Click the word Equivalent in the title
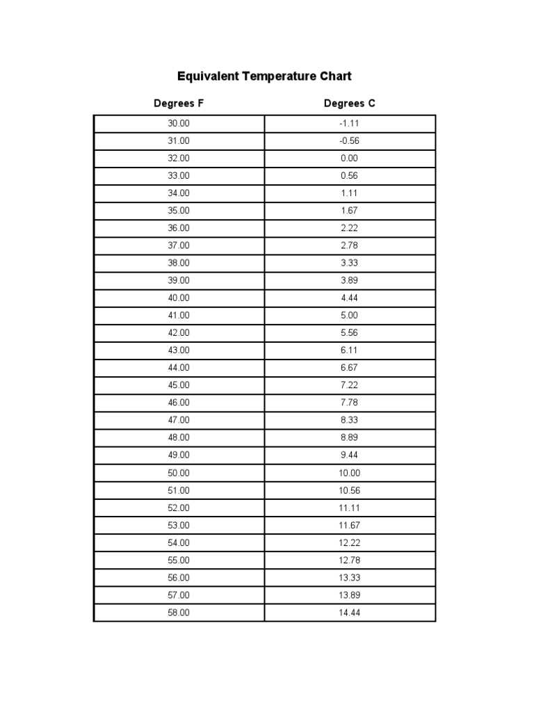(x=207, y=76)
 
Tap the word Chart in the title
(x=334, y=76)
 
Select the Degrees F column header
(x=179, y=104)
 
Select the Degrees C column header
(x=350, y=104)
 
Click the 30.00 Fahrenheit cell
(x=179, y=124)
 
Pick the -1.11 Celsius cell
(x=350, y=124)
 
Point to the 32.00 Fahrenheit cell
(x=179, y=159)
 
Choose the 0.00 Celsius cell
(x=350, y=159)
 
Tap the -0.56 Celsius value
(x=350, y=141)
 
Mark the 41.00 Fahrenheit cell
(x=179, y=316)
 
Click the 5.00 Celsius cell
(x=350, y=316)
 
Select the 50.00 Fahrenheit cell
(x=179, y=473)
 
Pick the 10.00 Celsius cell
(x=350, y=473)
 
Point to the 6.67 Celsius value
(x=350, y=368)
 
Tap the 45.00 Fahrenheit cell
(x=179, y=385)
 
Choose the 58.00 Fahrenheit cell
(x=179, y=613)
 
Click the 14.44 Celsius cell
(x=350, y=613)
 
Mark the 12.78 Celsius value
(x=350, y=560)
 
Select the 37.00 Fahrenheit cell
(x=179, y=245)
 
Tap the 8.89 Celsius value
(x=350, y=438)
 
